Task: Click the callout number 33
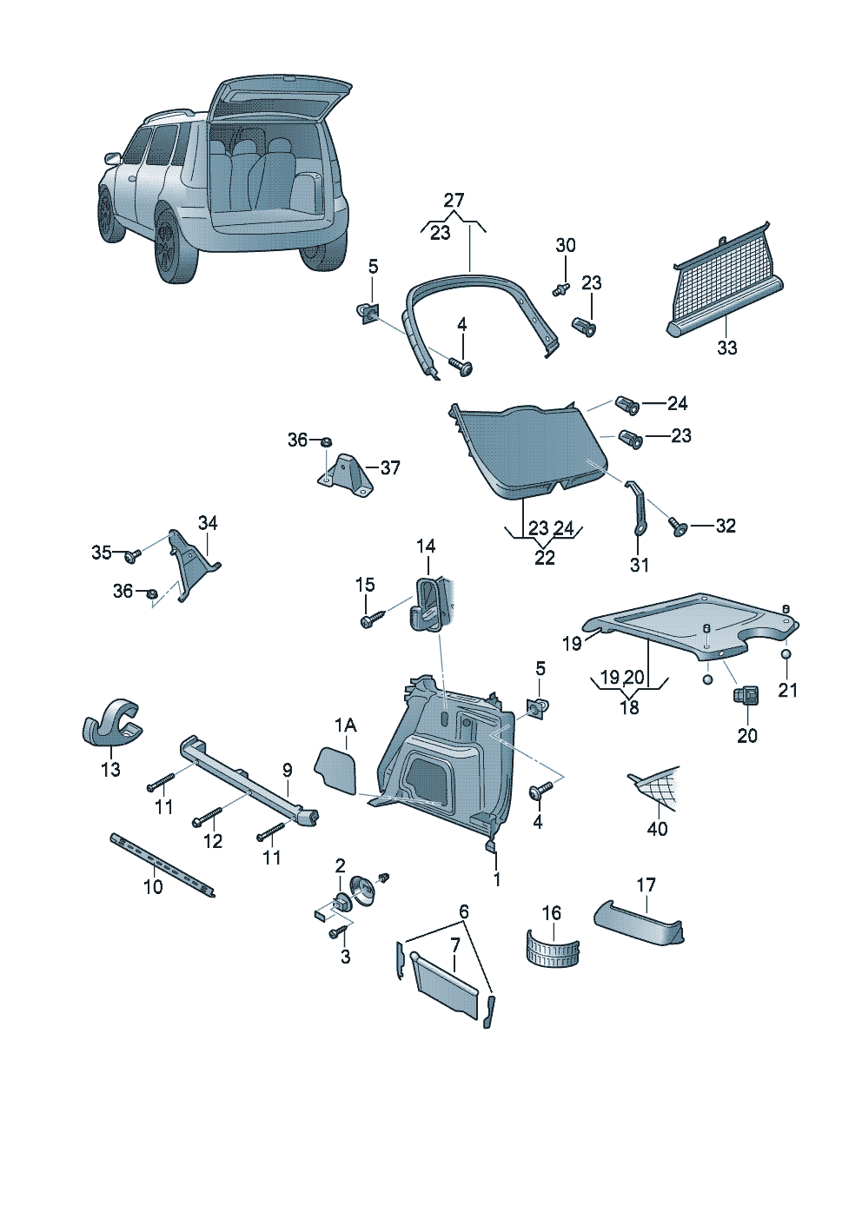point(726,348)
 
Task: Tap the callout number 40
point(657,829)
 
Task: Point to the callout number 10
point(153,887)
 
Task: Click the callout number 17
point(646,884)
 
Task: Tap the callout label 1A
point(345,725)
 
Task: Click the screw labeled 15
point(368,621)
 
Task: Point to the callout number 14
point(426,547)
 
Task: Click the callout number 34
point(208,523)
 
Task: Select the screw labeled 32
point(679,526)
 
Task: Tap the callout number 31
point(639,565)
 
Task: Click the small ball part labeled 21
point(786,654)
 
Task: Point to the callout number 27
point(454,201)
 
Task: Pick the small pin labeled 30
point(560,287)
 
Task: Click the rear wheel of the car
point(173,248)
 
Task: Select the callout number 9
point(287,770)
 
